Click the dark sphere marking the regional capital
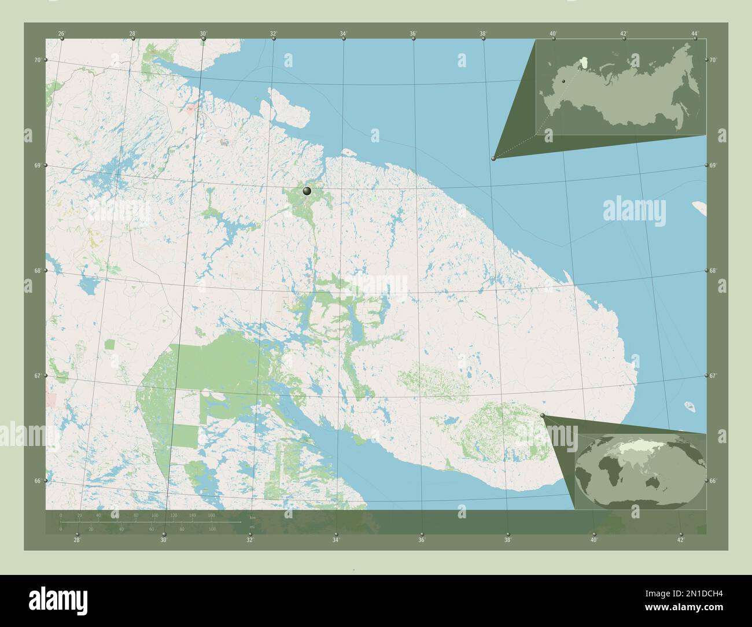point(307,190)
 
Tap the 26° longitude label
point(61,34)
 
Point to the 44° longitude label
point(695,34)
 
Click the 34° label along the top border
point(343,34)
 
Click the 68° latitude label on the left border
point(38,271)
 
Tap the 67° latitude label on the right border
point(713,376)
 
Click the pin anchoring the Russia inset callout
point(493,158)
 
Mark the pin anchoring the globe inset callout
point(542,415)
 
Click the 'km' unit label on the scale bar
point(252,517)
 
